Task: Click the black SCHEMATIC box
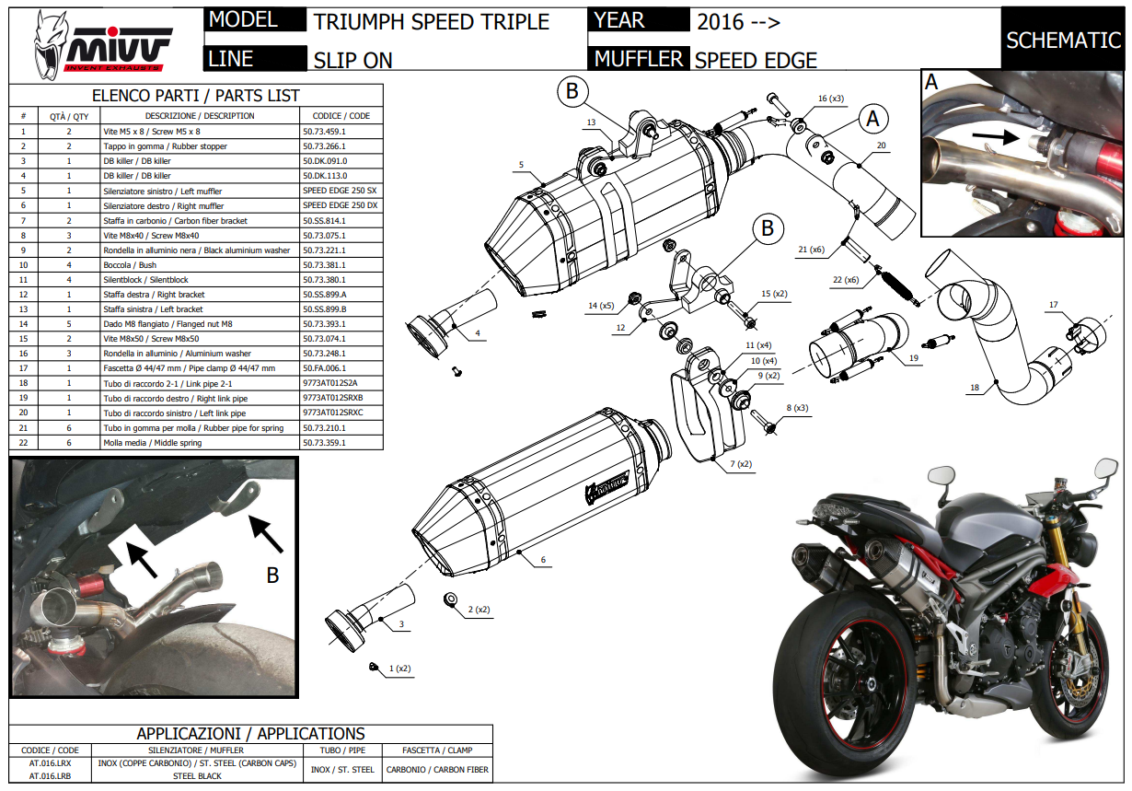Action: point(1062,40)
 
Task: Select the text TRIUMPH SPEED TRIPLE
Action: point(431,22)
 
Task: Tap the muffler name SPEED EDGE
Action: point(756,61)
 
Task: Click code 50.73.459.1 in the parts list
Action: point(329,132)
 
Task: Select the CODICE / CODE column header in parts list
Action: point(341,116)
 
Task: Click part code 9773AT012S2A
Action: point(329,383)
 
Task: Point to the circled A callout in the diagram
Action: point(872,118)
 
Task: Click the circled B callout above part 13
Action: point(572,90)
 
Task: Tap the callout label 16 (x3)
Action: point(831,98)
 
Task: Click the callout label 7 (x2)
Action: point(741,464)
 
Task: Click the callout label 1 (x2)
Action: point(399,668)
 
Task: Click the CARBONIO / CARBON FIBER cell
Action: point(437,770)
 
